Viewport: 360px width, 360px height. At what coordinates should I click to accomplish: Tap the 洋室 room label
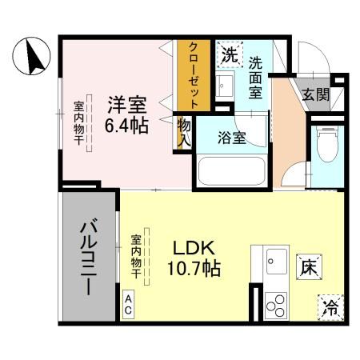pyautogui.click(x=127, y=105)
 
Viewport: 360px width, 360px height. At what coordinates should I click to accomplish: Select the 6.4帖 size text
pyautogui.click(x=127, y=126)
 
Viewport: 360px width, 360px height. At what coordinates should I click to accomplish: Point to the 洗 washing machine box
pyautogui.click(x=230, y=56)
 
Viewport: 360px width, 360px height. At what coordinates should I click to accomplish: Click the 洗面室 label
pyautogui.click(x=256, y=75)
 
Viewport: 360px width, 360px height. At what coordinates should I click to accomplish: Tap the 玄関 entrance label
pyautogui.click(x=314, y=93)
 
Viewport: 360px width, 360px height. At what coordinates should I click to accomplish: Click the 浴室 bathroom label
pyautogui.click(x=231, y=137)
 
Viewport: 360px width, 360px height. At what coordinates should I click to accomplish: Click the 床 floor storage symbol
pyautogui.click(x=309, y=267)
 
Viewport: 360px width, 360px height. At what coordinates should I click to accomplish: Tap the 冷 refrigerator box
pyautogui.click(x=330, y=306)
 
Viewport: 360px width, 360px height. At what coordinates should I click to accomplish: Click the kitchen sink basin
pyautogui.click(x=275, y=261)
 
